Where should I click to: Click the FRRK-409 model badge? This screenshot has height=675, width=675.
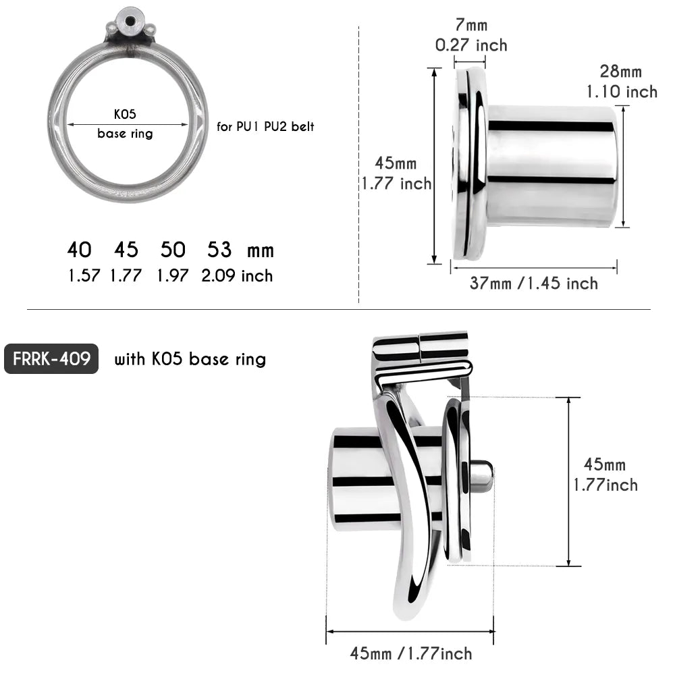coord(51,358)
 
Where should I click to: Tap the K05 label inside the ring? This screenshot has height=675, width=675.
coord(125,115)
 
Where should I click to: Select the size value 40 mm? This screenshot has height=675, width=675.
coord(79,250)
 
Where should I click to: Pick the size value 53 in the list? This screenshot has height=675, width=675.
coord(219,250)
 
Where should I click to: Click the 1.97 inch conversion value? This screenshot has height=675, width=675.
coord(173,275)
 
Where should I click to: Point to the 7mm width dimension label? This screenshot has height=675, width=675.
coord(470,26)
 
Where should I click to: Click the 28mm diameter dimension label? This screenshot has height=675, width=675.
coord(620,72)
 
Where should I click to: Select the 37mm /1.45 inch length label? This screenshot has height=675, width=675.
coord(533,283)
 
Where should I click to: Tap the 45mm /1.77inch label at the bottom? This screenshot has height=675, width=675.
coord(410,653)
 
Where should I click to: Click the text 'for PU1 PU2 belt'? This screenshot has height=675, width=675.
coord(265,126)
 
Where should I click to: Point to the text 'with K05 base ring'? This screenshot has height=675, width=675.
coord(190,359)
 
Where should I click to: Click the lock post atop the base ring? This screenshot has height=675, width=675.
coord(128,20)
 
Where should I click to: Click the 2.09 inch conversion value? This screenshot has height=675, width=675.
coord(237,275)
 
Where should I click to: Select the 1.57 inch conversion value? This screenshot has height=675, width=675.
coord(84,275)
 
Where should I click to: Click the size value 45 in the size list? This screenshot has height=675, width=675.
coord(126,250)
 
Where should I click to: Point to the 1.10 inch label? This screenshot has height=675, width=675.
coord(621,91)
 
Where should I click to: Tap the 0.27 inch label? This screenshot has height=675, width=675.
coord(470,45)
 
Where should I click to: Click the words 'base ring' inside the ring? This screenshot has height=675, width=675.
coord(125,134)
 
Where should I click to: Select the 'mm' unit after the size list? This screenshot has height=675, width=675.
coord(261,251)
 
